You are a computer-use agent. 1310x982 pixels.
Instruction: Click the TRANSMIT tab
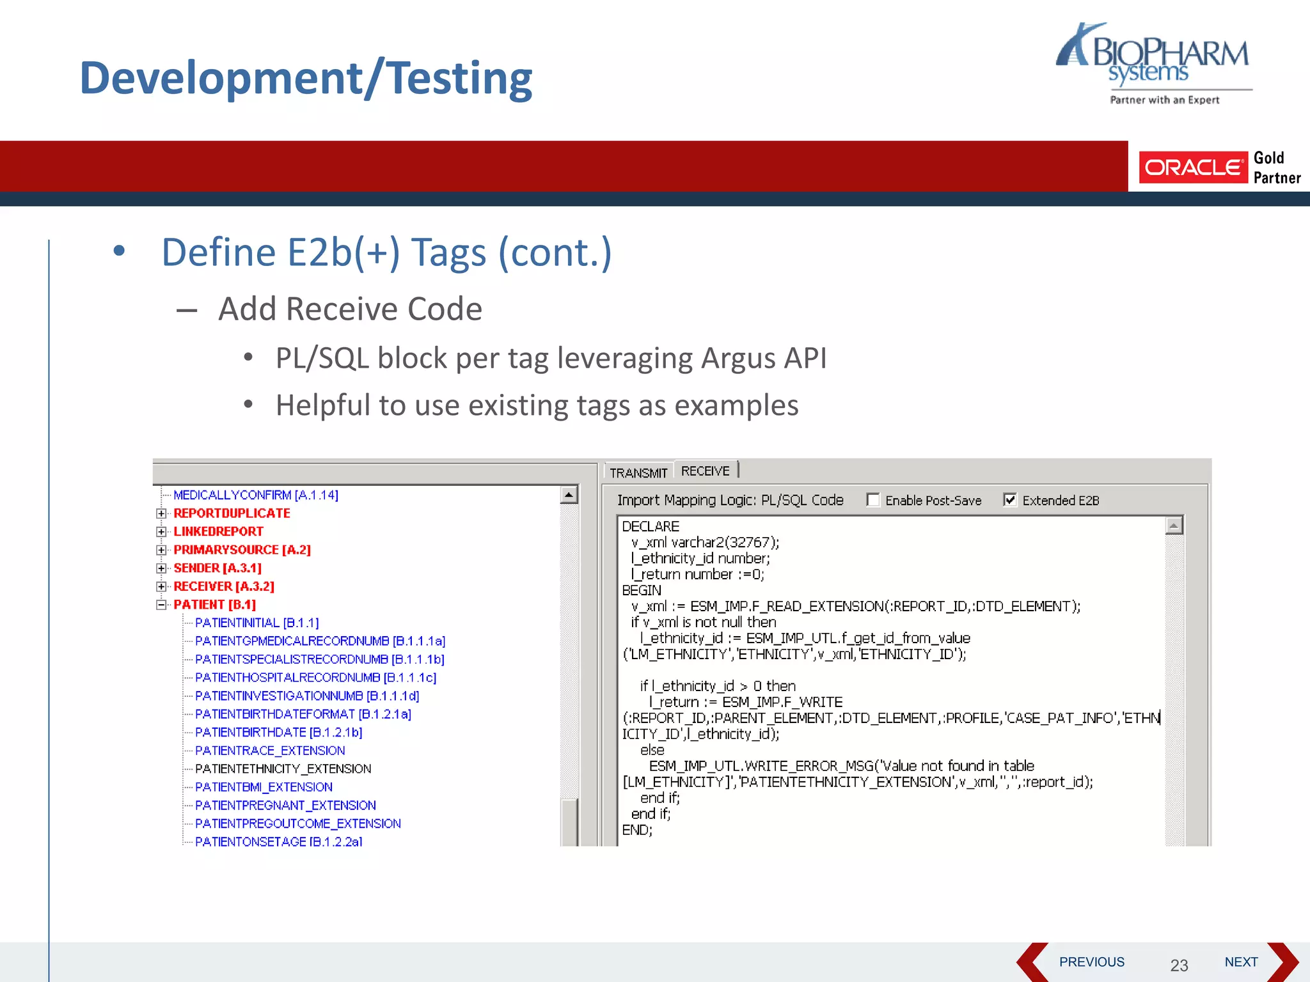638,472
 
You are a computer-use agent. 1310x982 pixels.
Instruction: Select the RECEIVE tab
705,471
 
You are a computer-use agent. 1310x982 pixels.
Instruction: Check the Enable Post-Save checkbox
873,500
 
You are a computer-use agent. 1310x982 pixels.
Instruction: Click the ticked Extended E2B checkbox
1010,500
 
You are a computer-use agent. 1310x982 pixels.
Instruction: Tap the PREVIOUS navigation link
1091,962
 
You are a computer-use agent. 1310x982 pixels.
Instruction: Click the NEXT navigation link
1241,962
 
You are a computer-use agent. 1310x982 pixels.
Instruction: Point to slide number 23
1179,965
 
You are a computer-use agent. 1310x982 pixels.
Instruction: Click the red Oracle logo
1193,168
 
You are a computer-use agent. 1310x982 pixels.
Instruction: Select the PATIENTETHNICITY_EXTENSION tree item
283,768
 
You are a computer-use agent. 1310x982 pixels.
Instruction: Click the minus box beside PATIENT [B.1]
161,604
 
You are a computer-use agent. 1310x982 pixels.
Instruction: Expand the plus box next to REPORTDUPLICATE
161,513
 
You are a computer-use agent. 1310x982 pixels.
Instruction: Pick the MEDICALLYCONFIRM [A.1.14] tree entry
255,495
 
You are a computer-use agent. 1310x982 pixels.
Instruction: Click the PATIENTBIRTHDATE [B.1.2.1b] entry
278,732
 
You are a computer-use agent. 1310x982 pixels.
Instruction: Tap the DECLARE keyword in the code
651,526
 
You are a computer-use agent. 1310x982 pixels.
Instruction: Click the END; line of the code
637,830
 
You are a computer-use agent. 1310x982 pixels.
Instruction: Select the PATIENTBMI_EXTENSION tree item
264,787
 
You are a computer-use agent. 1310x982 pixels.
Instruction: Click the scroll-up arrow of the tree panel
569,495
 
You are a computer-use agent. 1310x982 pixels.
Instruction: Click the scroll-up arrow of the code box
1174,526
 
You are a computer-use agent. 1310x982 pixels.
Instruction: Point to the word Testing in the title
460,78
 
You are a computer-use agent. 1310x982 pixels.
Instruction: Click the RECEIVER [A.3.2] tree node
224,586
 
